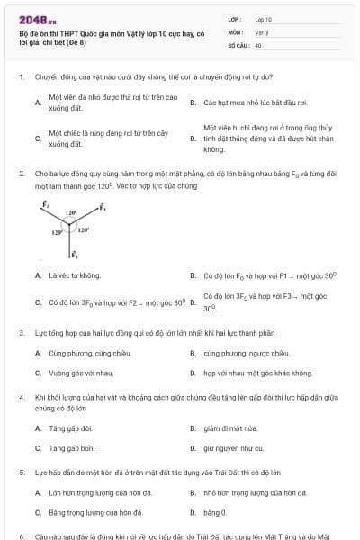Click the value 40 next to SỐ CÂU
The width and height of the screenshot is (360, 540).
[x=258, y=44]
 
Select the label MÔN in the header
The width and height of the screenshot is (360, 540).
[x=236, y=31]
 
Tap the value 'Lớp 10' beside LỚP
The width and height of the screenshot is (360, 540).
[x=264, y=18]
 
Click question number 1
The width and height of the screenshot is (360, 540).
[x=21, y=78]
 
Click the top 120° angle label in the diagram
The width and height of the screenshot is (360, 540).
[x=71, y=213]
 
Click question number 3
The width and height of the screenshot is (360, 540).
[x=21, y=333]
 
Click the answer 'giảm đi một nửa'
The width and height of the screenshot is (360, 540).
[x=232, y=428]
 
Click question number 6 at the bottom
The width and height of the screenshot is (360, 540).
[x=21, y=535]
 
